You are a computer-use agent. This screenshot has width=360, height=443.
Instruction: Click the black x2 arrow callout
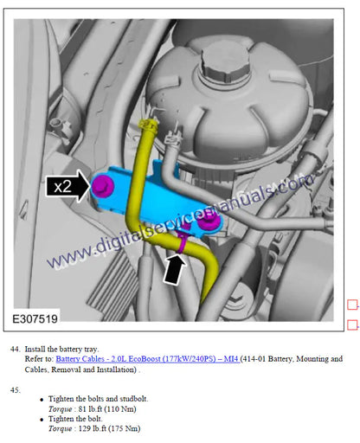(x=67, y=186)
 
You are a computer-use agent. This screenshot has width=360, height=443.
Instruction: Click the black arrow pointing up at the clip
(x=174, y=268)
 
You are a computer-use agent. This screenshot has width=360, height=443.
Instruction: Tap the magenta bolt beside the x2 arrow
(x=102, y=186)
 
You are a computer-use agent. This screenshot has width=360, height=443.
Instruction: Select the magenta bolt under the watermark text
(x=210, y=221)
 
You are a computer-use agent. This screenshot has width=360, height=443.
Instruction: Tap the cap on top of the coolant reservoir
(x=225, y=63)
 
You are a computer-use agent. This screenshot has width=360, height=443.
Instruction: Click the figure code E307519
(x=35, y=319)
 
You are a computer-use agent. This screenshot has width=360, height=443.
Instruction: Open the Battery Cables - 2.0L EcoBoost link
(x=147, y=359)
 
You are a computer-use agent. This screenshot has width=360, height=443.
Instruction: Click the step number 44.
(x=15, y=349)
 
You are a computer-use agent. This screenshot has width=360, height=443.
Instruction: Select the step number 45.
(x=15, y=390)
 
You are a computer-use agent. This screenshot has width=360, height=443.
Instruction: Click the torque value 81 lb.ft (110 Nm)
(x=107, y=409)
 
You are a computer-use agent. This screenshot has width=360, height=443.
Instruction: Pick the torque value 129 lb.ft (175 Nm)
(x=109, y=428)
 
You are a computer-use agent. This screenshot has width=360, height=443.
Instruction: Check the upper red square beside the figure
(x=352, y=305)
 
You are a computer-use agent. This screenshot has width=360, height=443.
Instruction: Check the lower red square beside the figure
(x=352, y=324)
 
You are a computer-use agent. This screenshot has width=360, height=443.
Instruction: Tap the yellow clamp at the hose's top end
(x=148, y=125)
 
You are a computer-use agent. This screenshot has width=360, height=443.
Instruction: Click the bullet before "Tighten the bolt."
(x=42, y=420)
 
